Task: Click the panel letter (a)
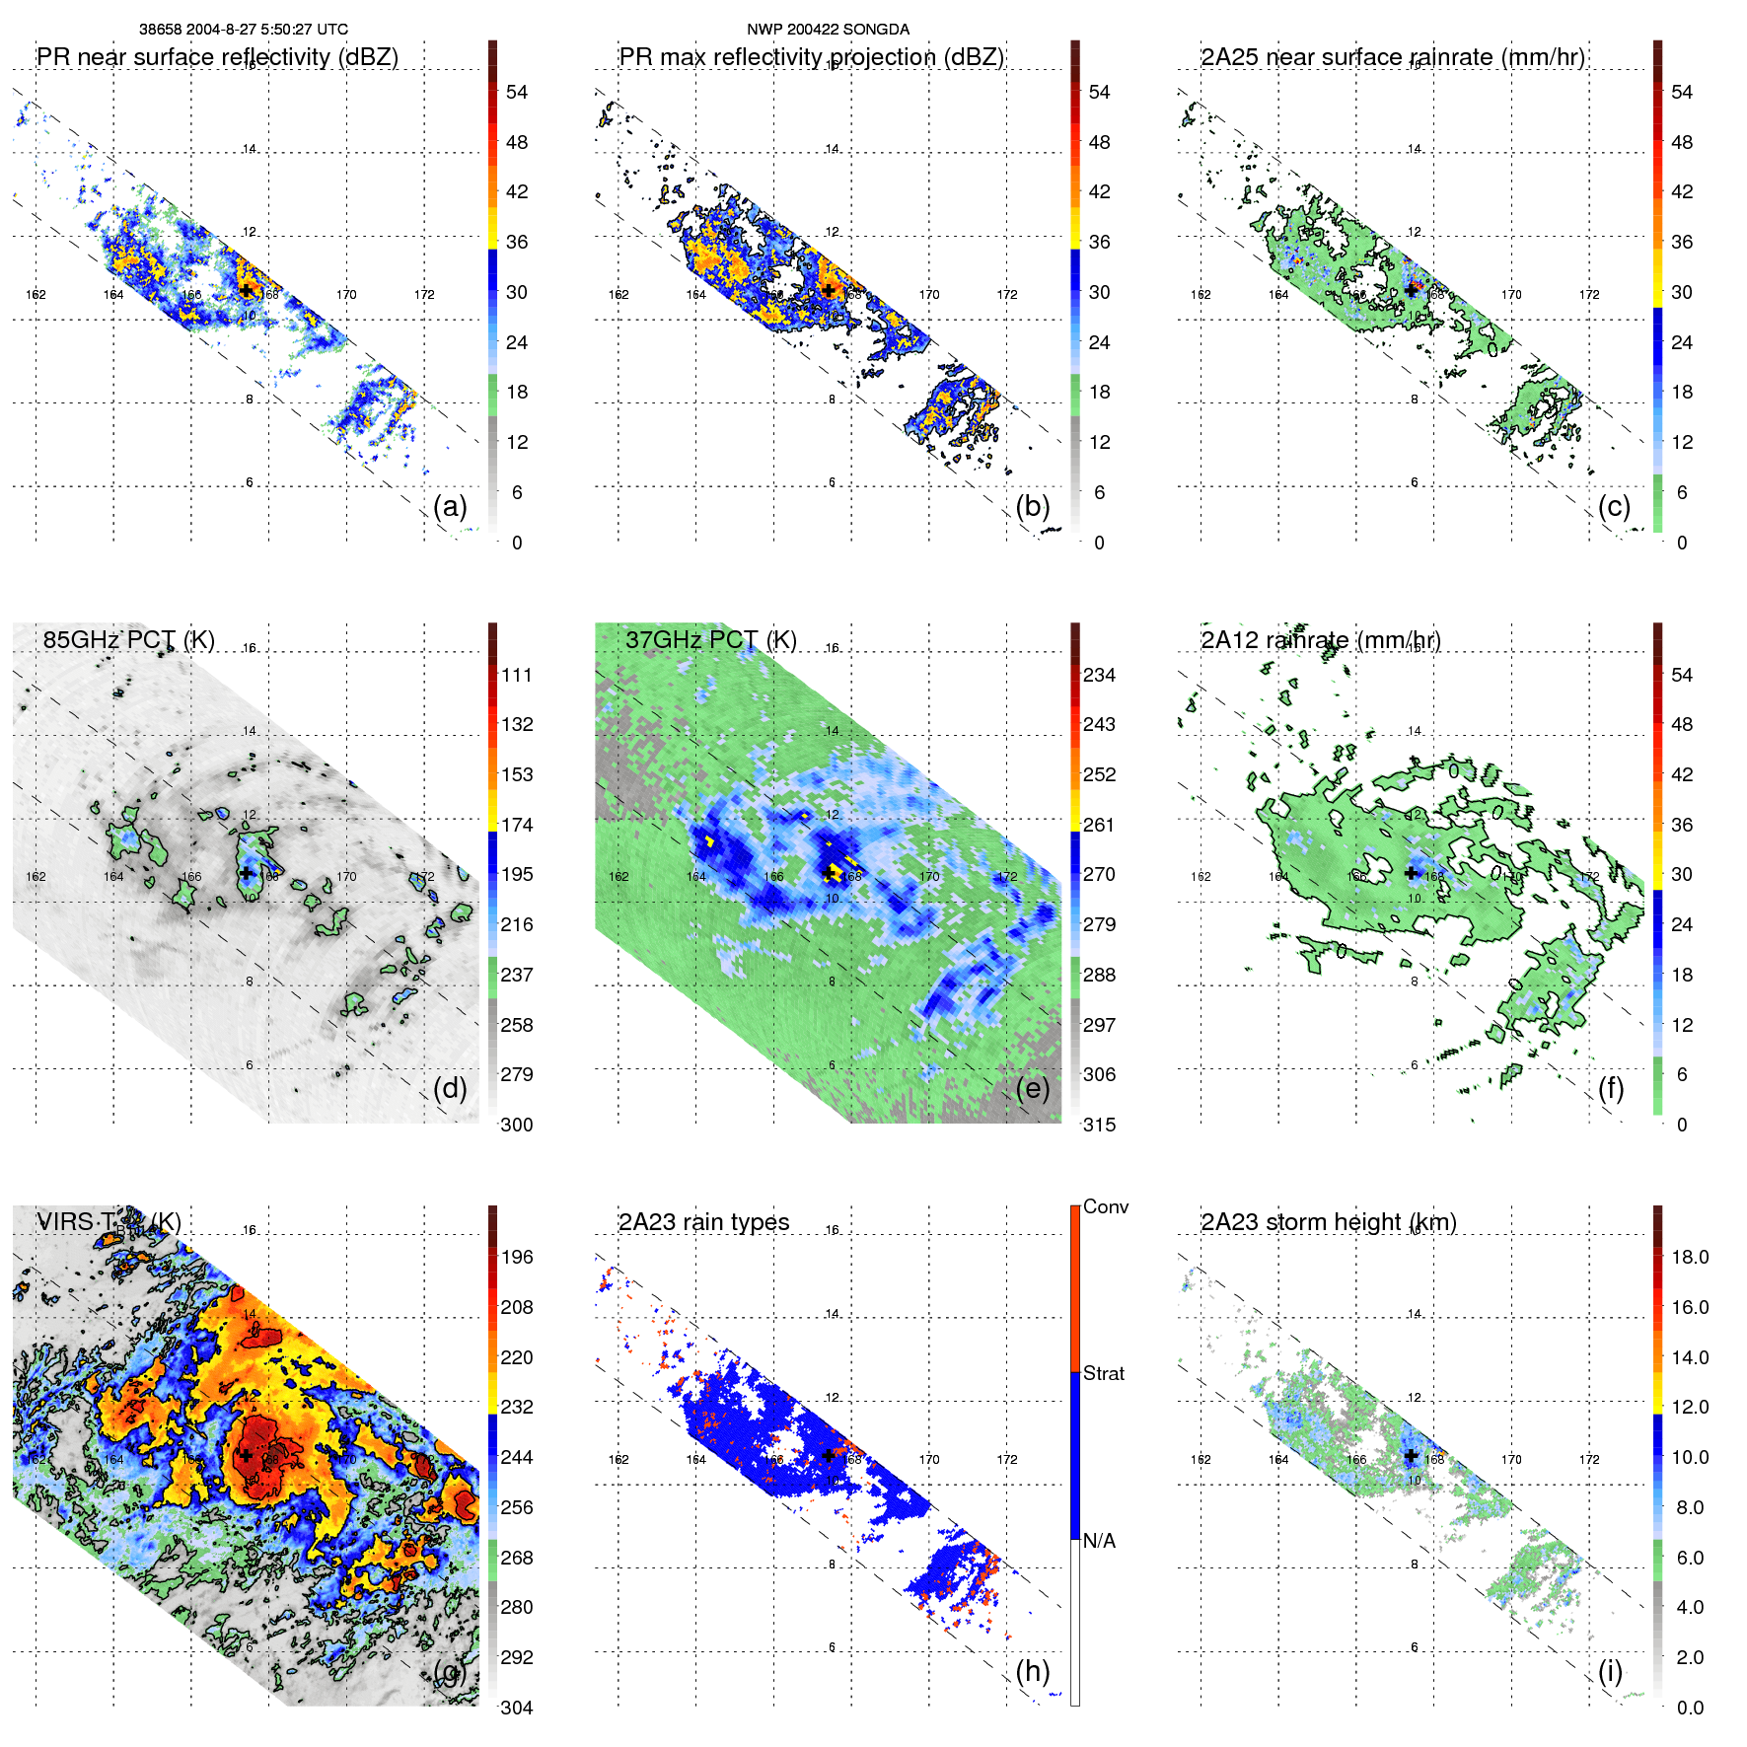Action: [x=450, y=506]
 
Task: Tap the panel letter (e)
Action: [x=1033, y=1088]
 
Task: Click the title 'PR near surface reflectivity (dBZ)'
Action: [x=217, y=57]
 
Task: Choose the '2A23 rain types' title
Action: [x=703, y=1222]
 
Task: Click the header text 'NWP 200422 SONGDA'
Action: [x=828, y=30]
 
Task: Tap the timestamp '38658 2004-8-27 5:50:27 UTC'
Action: [x=243, y=30]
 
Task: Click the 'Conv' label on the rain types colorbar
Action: [x=1105, y=1206]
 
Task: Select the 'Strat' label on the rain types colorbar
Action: [x=1103, y=1373]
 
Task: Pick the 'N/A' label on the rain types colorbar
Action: [x=1099, y=1541]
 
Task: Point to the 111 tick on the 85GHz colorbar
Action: [x=517, y=675]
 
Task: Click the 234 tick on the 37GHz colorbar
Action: [x=1099, y=675]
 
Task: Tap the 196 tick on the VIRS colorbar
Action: [x=517, y=1257]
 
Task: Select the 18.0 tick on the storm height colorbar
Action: [x=1689, y=1257]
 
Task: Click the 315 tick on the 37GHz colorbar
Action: [x=1099, y=1125]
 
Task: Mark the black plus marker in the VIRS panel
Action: [x=246, y=1455]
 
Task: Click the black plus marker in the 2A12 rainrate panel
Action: [x=1412, y=873]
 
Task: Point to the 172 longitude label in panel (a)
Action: [x=424, y=294]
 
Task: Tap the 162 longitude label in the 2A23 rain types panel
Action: [x=619, y=1459]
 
